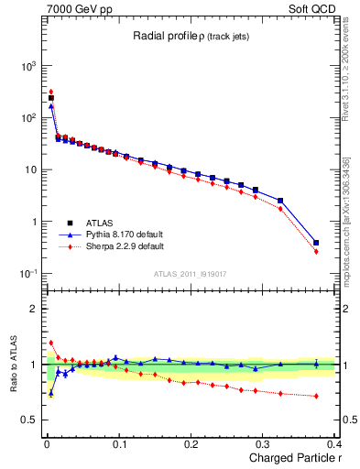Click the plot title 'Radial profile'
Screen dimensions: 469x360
click(160, 36)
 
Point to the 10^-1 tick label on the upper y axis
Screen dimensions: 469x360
click(28, 274)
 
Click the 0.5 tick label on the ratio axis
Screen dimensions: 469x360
click(30, 420)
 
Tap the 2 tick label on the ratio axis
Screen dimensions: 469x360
click(35, 309)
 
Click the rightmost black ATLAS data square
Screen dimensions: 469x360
click(316, 243)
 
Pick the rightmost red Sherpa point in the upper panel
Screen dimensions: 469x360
click(316, 251)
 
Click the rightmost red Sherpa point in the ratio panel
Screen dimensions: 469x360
click(316, 396)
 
